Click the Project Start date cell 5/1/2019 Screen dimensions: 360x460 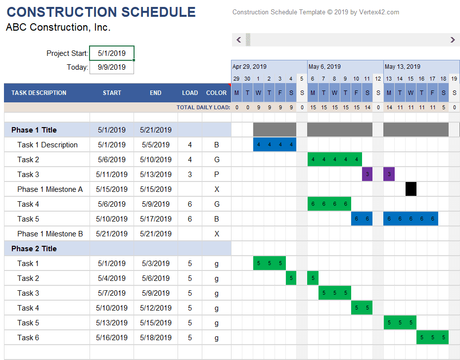tap(111, 53)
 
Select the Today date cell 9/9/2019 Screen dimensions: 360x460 tap(111, 67)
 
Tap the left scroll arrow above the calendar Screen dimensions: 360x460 tap(239, 40)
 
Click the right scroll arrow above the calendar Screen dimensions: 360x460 tap(453, 40)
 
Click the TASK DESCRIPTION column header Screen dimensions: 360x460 tap(39, 93)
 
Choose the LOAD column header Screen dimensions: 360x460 tap(190, 93)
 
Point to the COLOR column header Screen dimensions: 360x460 tap(217, 93)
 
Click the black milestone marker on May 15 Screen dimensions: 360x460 tap(411, 189)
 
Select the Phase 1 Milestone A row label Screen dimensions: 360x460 tap(50, 189)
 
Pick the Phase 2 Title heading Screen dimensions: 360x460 tap(34, 249)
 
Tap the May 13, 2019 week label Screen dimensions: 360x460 tap(402, 67)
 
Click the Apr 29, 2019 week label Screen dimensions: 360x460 tap(249, 67)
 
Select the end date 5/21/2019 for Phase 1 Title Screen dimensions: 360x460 tap(156, 130)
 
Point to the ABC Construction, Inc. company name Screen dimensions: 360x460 tap(58, 28)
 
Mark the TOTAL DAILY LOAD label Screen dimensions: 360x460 tap(203, 107)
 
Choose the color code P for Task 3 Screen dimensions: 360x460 tap(217, 175)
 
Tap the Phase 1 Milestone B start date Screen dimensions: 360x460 tap(111, 234)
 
